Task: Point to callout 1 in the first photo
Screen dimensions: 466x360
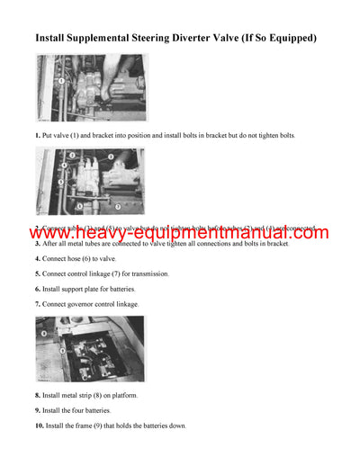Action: pyautogui.click(x=60, y=79)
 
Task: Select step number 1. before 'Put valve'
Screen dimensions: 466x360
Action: pyautogui.click(x=38, y=135)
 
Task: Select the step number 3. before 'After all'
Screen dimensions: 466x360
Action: pyautogui.click(x=38, y=244)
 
